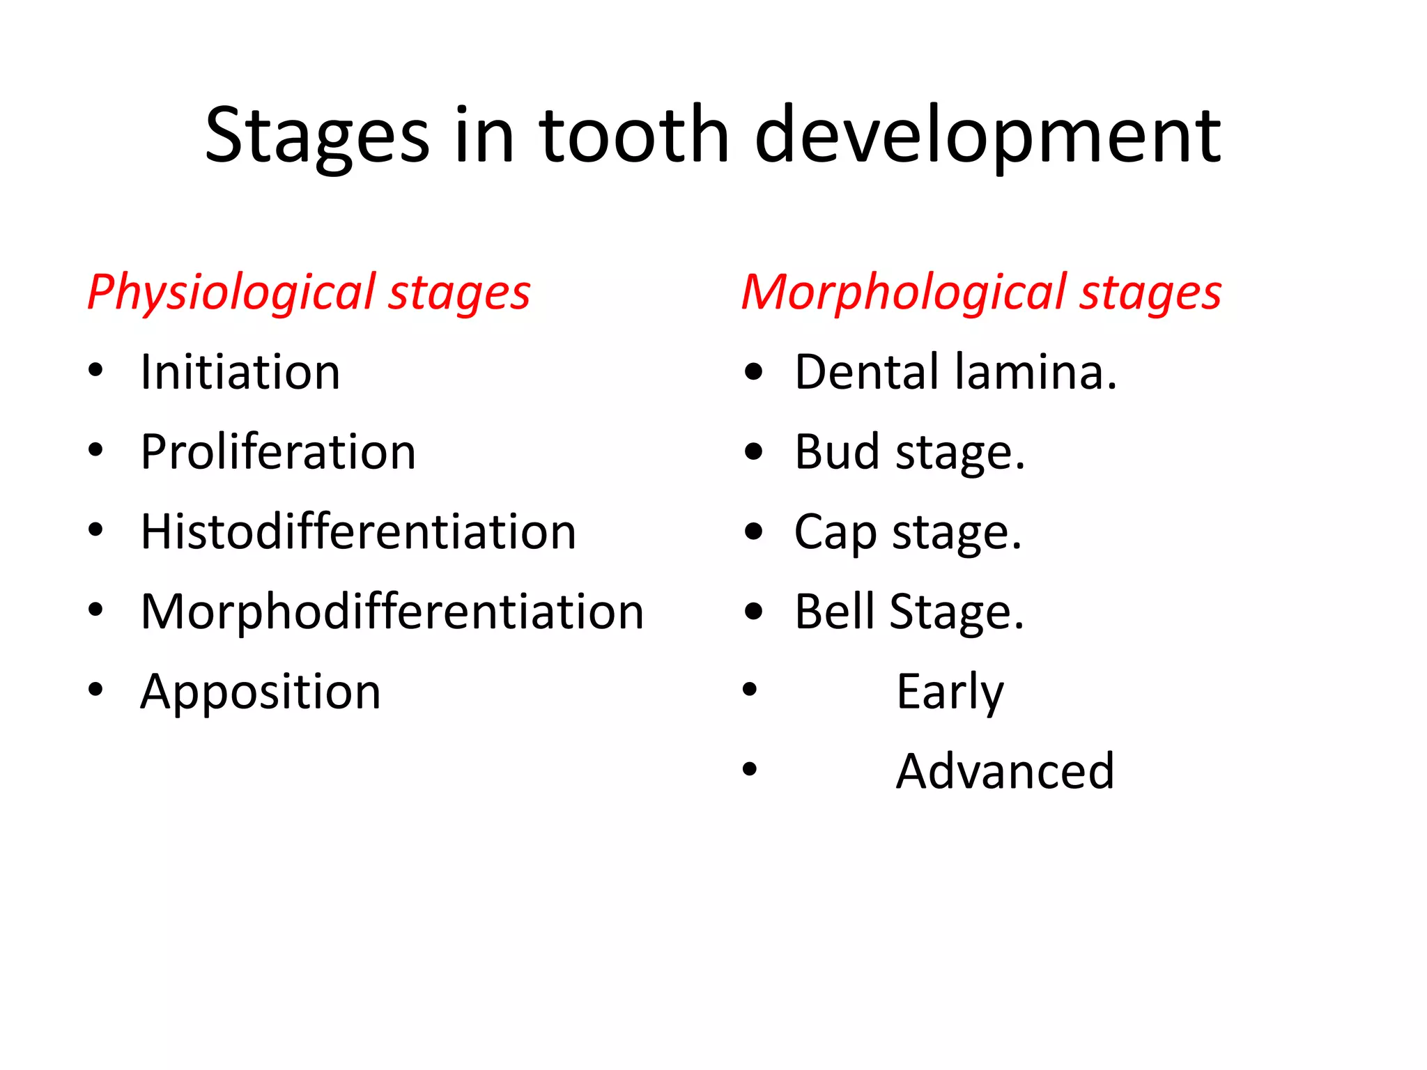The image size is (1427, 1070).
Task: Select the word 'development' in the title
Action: (x=987, y=137)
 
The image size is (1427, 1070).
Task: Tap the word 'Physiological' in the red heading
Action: (x=231, y=293)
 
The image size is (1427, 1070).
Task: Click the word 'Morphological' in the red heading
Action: (x=903, y=293)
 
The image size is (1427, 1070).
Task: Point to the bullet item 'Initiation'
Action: (x=240, y=372)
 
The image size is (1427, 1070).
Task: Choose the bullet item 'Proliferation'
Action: (x=278, y=452)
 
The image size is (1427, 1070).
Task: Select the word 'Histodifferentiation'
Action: (x=358, y=532)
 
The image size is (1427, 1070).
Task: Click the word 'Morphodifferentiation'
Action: (x=392, y=612)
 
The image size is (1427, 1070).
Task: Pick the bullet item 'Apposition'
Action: (x=261, y=692)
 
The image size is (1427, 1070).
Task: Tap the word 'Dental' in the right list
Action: (x=867, y=372)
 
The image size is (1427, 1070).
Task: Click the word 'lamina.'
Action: (x=1036, y=372)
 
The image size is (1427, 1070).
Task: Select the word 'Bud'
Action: (x=837, y=452)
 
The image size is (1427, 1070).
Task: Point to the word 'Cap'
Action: (x=835, y=533)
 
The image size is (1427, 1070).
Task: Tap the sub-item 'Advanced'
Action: (x=1005, y=771)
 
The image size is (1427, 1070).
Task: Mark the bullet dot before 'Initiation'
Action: (x=95, y=371)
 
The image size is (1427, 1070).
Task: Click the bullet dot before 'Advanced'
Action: (x=750, y=769)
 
